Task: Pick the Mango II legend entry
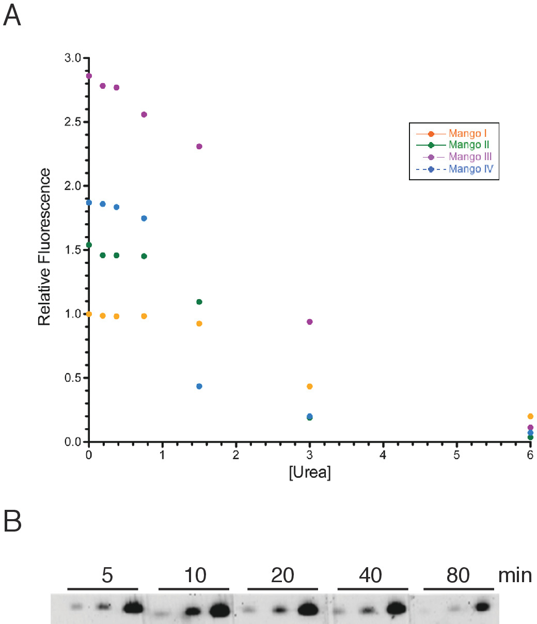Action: [466, 145]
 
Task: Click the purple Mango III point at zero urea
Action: [89, 76]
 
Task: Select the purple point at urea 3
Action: [310, 322]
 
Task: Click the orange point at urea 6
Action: [530, 416]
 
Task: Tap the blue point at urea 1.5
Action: [199, 386]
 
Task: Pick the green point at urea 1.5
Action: [199, 302]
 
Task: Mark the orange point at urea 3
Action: [310, 386]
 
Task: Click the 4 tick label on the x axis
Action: [383, 457]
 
